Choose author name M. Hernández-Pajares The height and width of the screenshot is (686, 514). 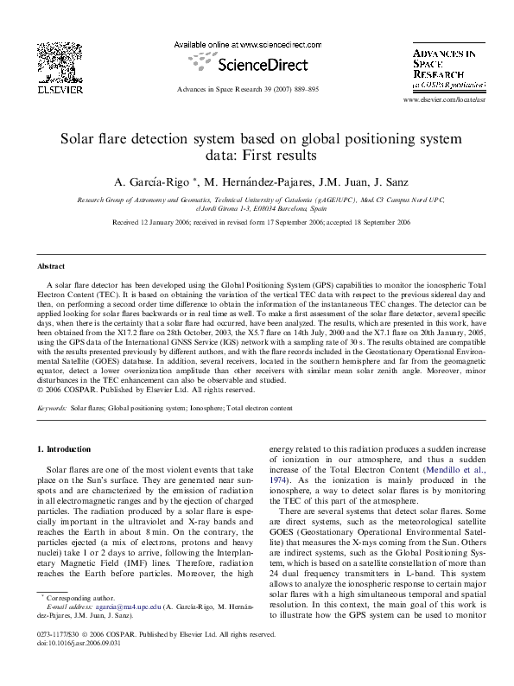tap(256, 182)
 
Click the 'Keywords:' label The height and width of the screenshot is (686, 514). tap(51, 405)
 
